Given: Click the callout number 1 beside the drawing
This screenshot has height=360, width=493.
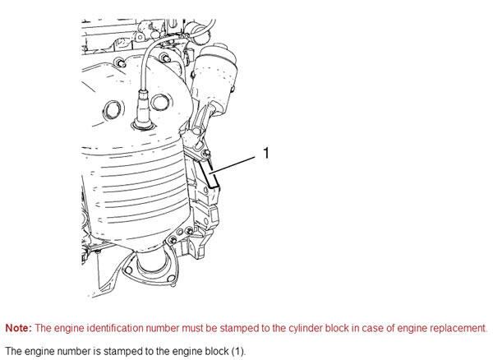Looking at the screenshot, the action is tap(266, 153).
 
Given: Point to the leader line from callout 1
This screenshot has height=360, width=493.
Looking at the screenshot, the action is tap(233, 164).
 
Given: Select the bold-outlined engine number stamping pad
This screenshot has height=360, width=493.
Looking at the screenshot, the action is tap(210, 174).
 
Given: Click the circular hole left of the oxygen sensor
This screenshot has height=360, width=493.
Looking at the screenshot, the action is tap(113, 110).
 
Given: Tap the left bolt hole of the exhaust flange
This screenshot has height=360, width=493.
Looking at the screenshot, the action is tap(128, 270).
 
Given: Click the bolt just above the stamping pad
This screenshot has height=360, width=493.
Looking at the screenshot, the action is tap(206, 154).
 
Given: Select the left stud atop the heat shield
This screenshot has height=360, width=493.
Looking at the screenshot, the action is tap(120, 62).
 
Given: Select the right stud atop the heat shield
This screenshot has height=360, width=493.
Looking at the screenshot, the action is tap(164, 58).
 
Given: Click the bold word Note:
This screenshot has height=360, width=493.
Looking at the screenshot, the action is tap(19, 328).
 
